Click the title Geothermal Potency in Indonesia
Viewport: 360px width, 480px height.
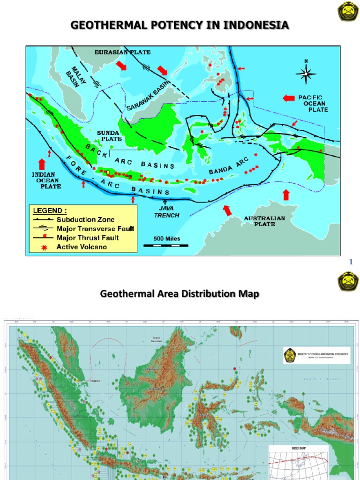click(x=180, y=25)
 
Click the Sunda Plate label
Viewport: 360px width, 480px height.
click(x=109, y=136)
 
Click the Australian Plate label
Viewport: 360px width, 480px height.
click(x=264, y=221)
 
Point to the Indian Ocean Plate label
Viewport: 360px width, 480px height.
click(x=46, y=180)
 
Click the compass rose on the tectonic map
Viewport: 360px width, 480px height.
click(x=306, y=73)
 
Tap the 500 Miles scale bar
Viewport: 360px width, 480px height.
click(x=162, y=241)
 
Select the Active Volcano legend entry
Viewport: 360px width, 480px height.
click(x=81, y=247)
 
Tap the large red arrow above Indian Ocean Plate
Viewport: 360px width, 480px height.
click(x=41, y=164)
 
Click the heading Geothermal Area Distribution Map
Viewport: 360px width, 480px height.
click(x=180, y=294)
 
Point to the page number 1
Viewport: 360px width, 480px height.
click(x=350, y=262)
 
